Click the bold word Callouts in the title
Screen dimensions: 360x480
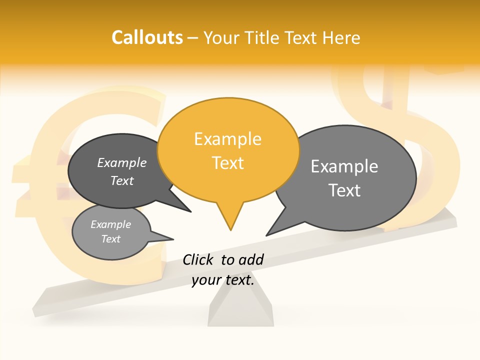coord(147,37)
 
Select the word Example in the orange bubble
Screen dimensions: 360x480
coord(227,139)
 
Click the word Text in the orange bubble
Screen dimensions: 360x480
coord(227,163)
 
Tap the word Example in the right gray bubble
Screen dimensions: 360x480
coord(344,166)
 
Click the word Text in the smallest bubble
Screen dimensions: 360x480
coord(111,239)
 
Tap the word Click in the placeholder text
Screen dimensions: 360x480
coord(197,259)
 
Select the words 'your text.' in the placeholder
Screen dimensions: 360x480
coord(223,280)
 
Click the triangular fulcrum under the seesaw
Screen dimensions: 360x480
coord(240,310)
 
